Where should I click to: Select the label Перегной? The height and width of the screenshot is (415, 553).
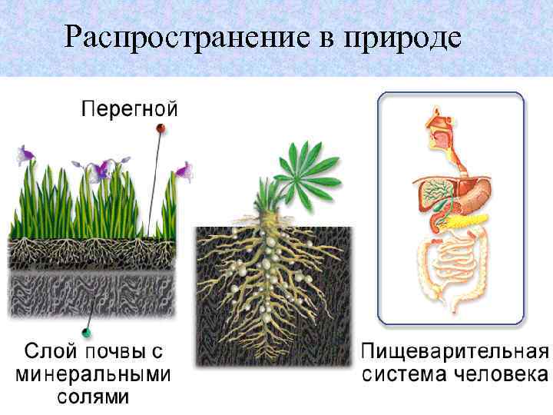[x=130, y=108]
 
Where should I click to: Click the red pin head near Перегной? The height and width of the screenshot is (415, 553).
[x=161, y=128]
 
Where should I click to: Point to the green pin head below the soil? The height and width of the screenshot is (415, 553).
[x=88, y=331]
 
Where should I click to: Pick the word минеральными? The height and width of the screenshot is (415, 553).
[x=93, y=376]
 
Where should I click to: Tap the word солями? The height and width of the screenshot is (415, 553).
[x=93, y=397]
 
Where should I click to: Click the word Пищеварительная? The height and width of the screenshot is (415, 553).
[x=454, y=354]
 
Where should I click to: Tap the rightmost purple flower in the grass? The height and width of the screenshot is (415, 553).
[x=184, y=169]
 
